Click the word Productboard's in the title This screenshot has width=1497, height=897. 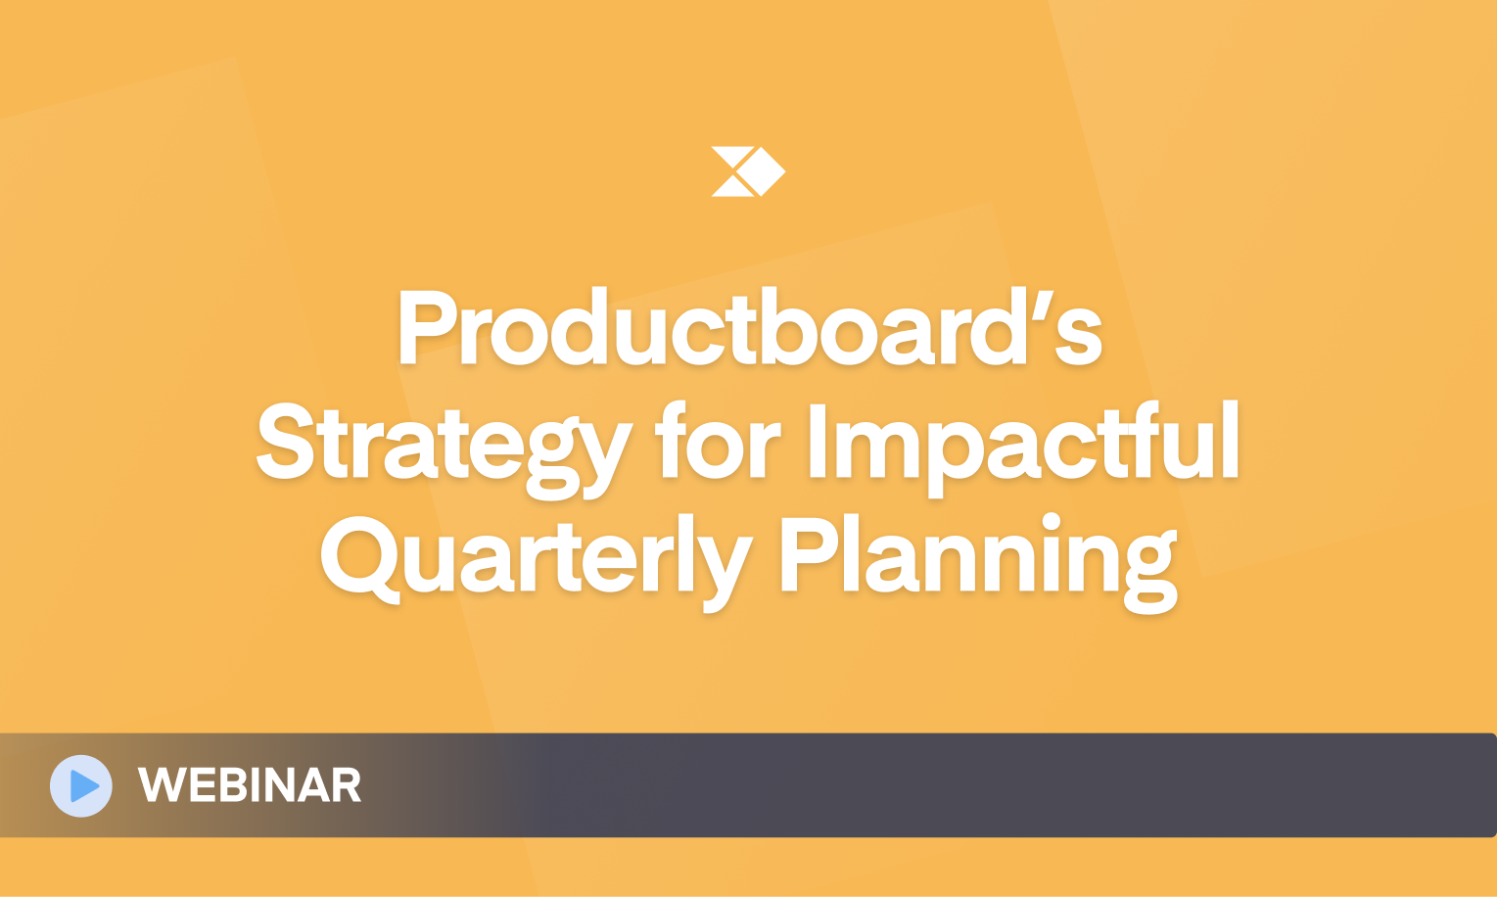tap(749, 326)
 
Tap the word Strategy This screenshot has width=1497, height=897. tap(444, 449)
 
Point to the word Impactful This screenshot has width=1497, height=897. tap(1024, 448)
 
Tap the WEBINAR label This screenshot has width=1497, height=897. tap(250, 785)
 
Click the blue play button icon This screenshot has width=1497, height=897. tap(81, 785)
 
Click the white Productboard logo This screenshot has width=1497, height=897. tap(748, 171)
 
